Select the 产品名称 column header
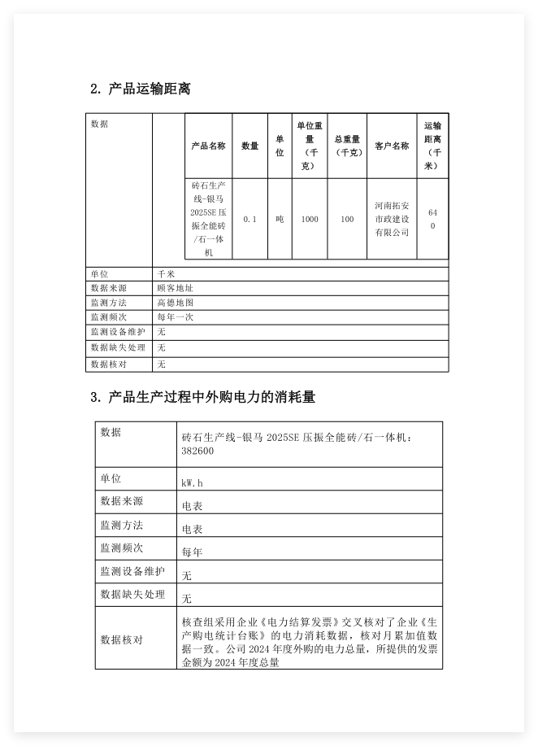click(x=208, y=146)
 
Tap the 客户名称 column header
click(x=392, y=146)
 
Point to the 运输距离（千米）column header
click(x=432, y=146)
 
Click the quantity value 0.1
click(x=249, y=219)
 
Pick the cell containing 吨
click(x=280, y=219)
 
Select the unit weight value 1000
click(x=310, y=219)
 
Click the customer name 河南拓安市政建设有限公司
click(x=392, y=219)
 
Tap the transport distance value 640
click(x=432, y=219)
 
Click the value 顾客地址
click(x=175, y=288)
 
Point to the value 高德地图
click(x=175, y=303)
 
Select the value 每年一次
click(x=175, y=317)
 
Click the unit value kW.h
click(x=193, y=483)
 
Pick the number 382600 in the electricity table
click(x=198, y=451)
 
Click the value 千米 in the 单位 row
click(x=166, y=274)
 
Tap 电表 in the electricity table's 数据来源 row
click(x=193, y=506)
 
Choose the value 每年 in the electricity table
click(x=193, y=552)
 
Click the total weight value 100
click(x=347, y=219)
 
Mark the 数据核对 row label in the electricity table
click(x=121, y=640)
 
